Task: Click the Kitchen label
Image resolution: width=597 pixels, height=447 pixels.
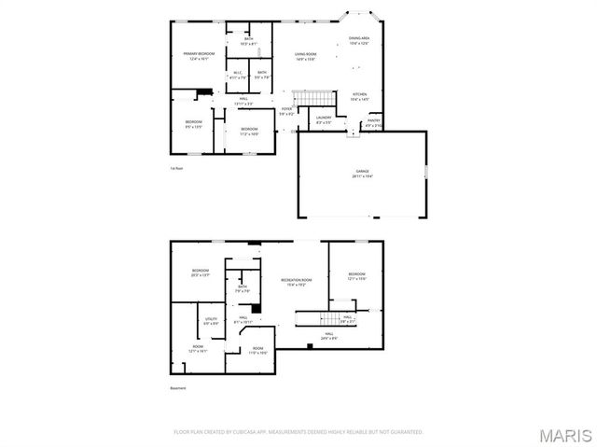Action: click(x=358, y=96)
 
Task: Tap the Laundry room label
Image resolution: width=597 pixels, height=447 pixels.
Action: click(x=324, y=119)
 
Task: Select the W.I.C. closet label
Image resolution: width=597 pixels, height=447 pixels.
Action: click(x=237, y=75)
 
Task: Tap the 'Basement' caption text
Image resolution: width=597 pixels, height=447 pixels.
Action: click(x=177, y=388)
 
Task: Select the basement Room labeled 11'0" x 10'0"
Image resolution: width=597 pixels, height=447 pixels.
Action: click(x=257, y=350)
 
